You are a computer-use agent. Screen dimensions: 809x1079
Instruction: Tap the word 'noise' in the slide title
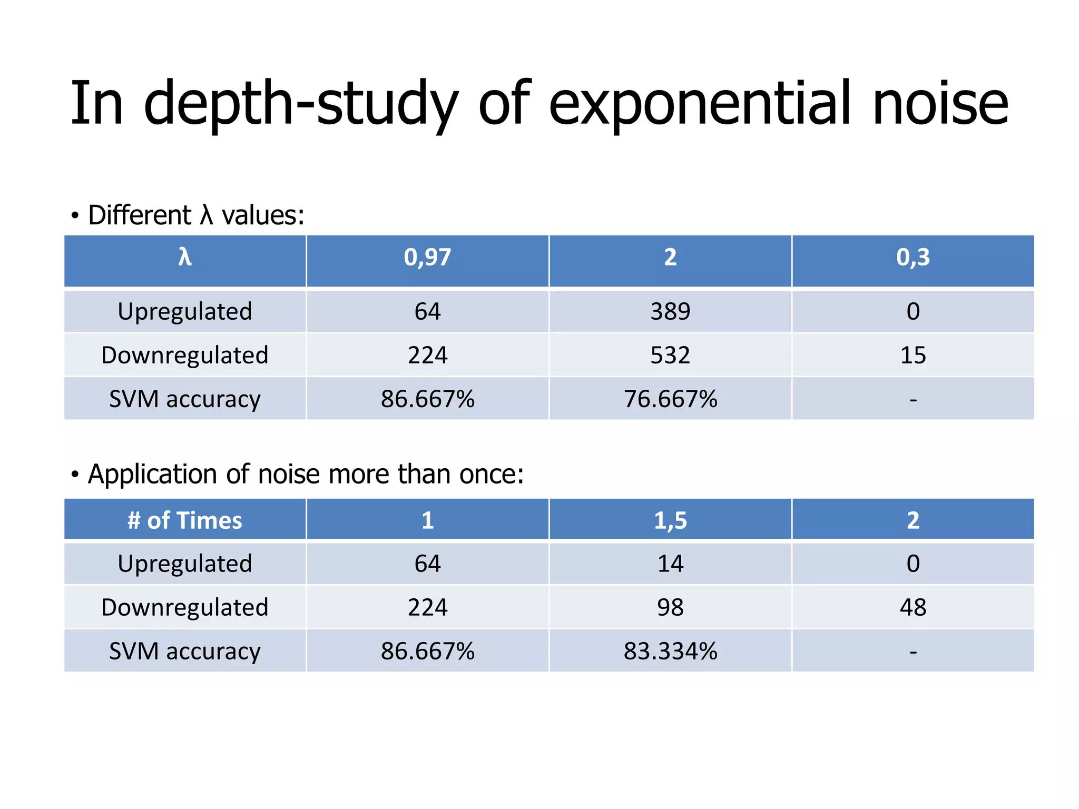pyautogui.click(x=940, y=104)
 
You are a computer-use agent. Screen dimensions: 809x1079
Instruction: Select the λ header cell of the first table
pyautogui.click(x=185, y=258)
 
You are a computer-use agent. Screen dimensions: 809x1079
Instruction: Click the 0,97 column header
pyautogui.click(x=427, y=258)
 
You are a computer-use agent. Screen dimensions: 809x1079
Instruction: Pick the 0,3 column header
pyautogui.click(x=913, y=258)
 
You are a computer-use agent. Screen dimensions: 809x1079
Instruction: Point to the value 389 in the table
pyautogui.click(x=670, y=311)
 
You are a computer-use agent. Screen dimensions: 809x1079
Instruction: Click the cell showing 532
pyautogui.click(x=670, y=355)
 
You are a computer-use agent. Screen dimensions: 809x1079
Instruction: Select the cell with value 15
pyautogui.click(x=913, y=355)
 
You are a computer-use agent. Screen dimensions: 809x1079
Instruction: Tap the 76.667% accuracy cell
pyautogui.click(x=670, y=399)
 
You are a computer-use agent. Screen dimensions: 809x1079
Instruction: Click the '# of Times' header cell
pyautogui.click(x=185, y=520)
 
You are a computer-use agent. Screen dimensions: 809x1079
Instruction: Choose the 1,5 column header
pyautogui.click(x=670, y=520)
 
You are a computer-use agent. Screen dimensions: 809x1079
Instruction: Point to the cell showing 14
pyautogui.click(x=670, y=564)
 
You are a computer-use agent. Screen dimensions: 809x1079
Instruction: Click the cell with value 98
pyautogui.click(x=670, y=607)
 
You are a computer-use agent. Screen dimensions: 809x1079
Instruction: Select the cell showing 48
pyautogui.click(x=913, y=607)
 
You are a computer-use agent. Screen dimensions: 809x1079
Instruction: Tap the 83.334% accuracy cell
pyautogui.click(x=670, y=651)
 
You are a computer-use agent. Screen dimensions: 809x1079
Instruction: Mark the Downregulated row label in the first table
pyautogui.click(x=185, y=355)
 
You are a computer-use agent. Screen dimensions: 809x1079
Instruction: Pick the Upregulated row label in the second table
pyautogui.click(x=185, y=564)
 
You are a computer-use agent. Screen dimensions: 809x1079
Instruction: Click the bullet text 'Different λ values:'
pyautogui.click(x=196, y=215)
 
